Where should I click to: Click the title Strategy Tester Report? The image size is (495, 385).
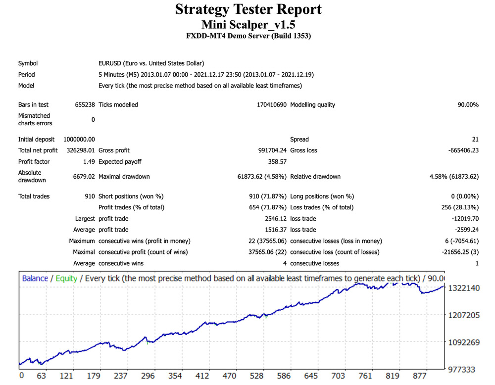pos(248,9)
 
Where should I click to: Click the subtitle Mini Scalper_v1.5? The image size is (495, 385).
pos(248,24)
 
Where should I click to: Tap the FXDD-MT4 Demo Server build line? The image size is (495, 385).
pos(248,36)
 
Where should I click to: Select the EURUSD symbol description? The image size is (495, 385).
pos(151,63)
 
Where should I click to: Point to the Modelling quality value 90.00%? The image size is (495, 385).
pos(468,105)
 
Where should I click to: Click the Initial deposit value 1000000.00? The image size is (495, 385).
pos(79,140)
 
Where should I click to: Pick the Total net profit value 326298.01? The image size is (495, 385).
pos(79,150)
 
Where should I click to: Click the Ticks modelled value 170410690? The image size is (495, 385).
pos(262,105)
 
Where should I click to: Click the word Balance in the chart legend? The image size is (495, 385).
pos(35,279)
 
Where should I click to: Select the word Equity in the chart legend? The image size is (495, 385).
pos(66,279)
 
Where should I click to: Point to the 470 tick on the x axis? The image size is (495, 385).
pos(229,376)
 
